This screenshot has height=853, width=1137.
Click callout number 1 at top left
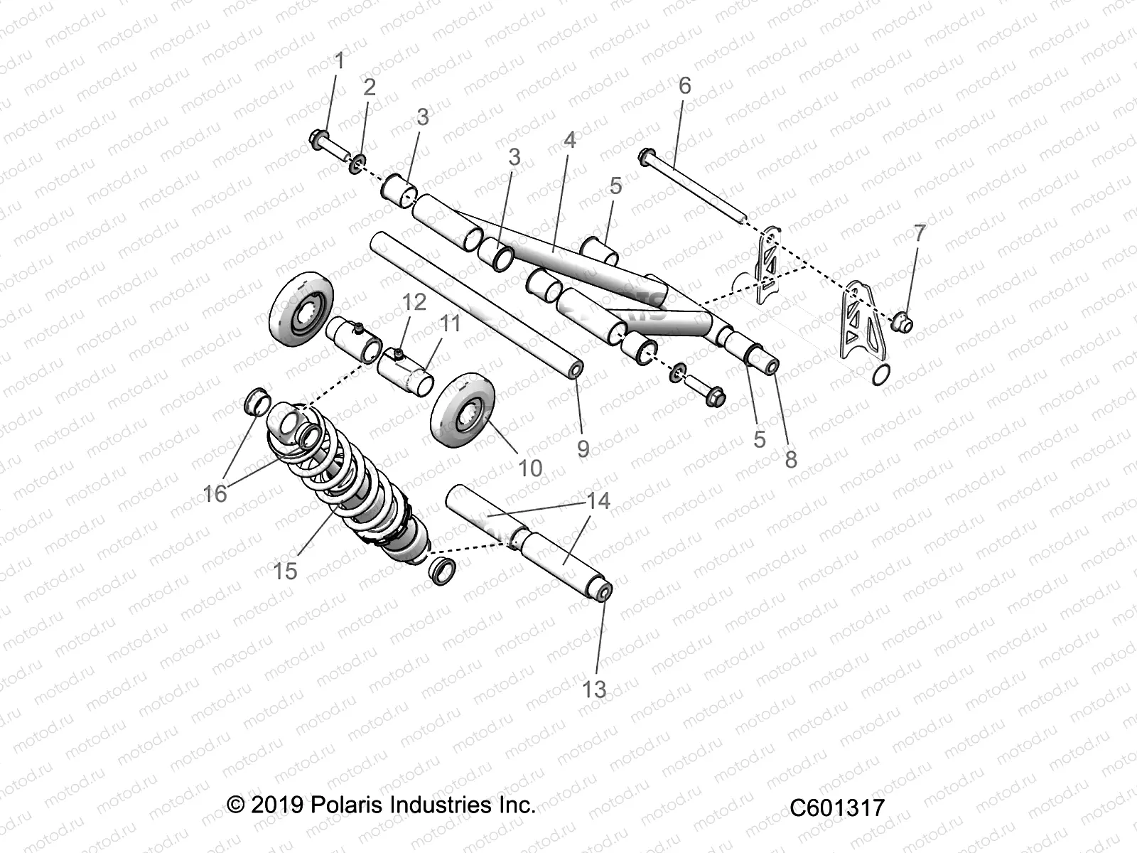[x=339, y=61]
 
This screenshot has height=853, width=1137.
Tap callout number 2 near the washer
[x=370, y=87]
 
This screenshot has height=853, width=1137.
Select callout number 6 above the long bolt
[x=684, y=85]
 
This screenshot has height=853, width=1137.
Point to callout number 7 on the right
[x=920, y=233]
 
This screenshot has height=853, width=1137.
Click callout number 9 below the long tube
[x=583, y=449]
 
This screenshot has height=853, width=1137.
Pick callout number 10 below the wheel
[x=530, y=468]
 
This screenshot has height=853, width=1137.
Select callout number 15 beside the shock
[x=285, y=571]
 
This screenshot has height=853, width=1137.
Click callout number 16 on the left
[x=215, y=493]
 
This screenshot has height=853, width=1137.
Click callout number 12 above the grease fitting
[x=414, y=301]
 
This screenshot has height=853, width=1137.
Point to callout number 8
[x=791, y=460]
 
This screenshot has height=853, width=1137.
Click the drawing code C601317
[x=837, y=808]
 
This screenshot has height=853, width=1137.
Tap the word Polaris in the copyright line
[x=344, y=805]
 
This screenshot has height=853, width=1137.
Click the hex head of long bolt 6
[x=648, y=157]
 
